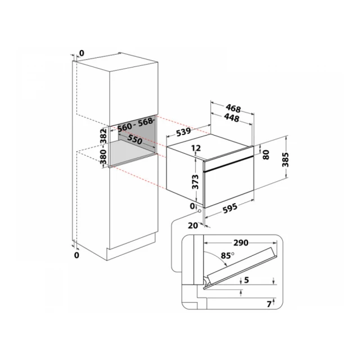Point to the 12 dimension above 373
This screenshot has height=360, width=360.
pos(196,148)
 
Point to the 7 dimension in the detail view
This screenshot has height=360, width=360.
pos(269,304)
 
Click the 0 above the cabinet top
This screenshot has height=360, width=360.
pos(82,53)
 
